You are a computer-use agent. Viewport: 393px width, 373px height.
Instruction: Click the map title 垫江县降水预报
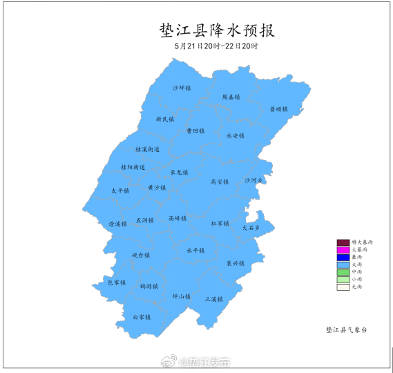click(x=217, y=30)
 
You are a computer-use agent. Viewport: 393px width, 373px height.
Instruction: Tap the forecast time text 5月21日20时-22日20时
click(x=216, y=46)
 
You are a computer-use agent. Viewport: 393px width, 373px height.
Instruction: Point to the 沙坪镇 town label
click(x=182, y=88)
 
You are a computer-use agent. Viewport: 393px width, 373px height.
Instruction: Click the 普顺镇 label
click(x=278, y=109)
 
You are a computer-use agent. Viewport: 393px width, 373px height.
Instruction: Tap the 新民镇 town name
click(x=165, y=119)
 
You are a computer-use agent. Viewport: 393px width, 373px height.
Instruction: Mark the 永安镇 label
click(x=236, y=135)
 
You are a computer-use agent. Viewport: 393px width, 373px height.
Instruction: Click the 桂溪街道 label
click(x=147, y=149)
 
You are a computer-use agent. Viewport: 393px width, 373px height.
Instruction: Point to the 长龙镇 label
click(x=179, y=172)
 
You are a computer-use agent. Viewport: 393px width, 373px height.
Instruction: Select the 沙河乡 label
click(x=254, y=180)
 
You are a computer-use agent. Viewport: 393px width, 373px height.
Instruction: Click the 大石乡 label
click(x=251, y=227)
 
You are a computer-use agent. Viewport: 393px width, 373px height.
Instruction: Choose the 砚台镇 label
click(x=141, y=255)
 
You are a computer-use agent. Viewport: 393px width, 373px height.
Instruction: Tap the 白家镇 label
click(x=142, y=317)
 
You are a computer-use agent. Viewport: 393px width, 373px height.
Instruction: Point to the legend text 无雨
click(x=357, y=287)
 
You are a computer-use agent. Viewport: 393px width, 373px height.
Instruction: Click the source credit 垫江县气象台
click(x=347, y=330)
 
